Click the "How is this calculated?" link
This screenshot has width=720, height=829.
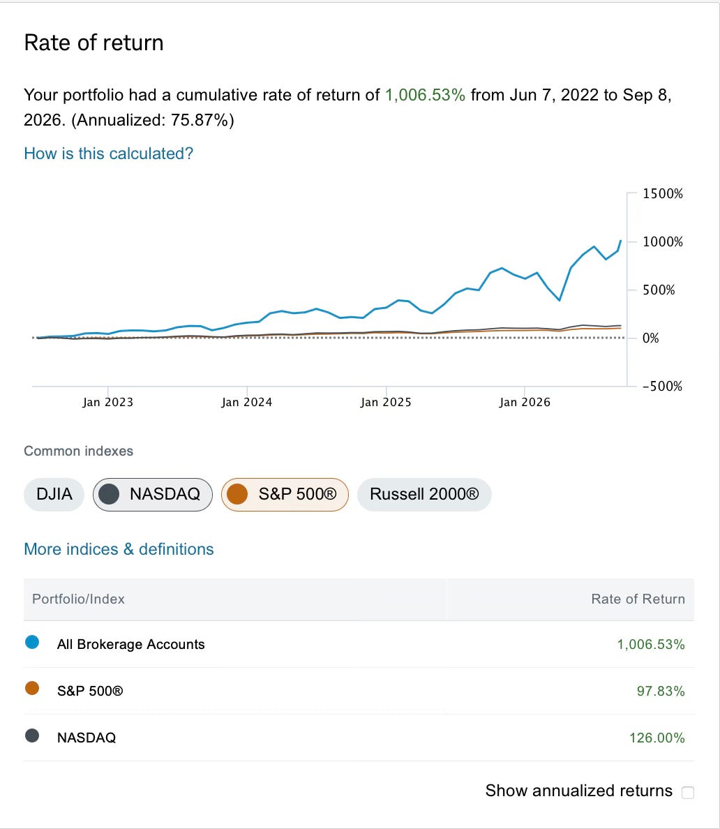point(108,154)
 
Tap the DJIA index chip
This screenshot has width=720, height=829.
point(54,494)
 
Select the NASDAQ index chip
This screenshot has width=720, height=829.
point(152,494)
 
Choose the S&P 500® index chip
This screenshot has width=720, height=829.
point(285,494)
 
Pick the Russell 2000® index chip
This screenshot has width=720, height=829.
point(424,494)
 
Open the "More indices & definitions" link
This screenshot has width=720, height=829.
point(119,549)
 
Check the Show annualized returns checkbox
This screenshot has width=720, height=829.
point(688,792)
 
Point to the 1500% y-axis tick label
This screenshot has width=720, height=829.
point(662,193)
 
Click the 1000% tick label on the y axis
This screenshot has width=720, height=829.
point(662,241)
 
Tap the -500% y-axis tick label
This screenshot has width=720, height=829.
point(662,386)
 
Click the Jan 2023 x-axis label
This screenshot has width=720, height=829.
point(108,403)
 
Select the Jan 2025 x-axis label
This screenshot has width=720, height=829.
point(386,403)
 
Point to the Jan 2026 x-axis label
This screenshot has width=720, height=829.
point(525,403)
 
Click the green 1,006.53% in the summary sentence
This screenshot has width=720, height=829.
point(425,95)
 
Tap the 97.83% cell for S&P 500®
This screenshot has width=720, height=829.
point(661,691)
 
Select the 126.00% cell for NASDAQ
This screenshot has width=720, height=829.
point(657,738)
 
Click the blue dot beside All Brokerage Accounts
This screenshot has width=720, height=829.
point(32,643)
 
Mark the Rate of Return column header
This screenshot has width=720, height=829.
point(638,599)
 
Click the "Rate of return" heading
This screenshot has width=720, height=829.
point(93,43)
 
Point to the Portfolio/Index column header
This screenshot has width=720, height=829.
point(78,599)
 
